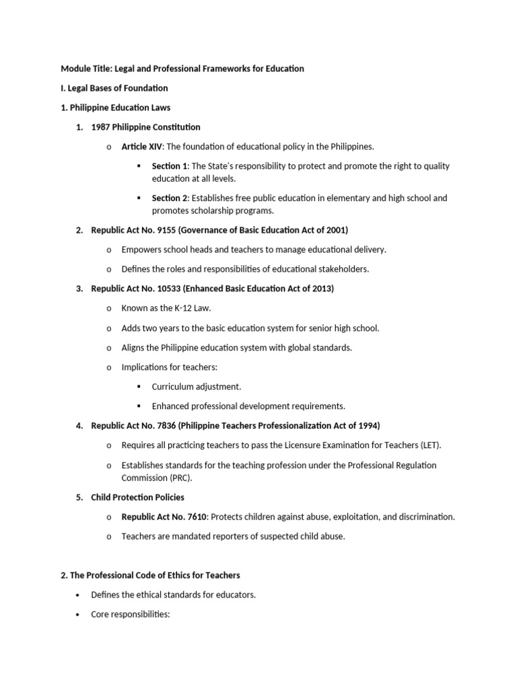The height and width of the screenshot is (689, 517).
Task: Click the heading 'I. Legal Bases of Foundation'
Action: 114,88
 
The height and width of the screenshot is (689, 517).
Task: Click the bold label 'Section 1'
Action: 170,166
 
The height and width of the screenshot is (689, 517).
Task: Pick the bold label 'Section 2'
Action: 170,198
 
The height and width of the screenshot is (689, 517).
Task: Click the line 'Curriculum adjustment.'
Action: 196,387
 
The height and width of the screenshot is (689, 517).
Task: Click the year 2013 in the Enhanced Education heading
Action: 321,289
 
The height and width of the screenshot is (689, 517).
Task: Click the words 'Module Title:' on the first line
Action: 85,69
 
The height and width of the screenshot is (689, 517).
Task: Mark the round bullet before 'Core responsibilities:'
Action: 79,614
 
